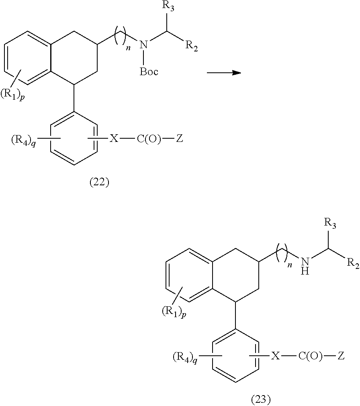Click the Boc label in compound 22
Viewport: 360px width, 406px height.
click(x=149, y=72)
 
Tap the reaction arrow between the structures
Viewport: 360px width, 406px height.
click(x=224, y=73)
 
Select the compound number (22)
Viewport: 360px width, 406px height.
click(x=99, y=182)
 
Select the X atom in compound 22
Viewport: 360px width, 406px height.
click(x=115, y=139)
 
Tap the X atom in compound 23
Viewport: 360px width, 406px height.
click(x=275, y=356)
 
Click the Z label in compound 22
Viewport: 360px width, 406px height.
click(x=180, y=139)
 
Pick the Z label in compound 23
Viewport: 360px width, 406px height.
click(x=341, y=356)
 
